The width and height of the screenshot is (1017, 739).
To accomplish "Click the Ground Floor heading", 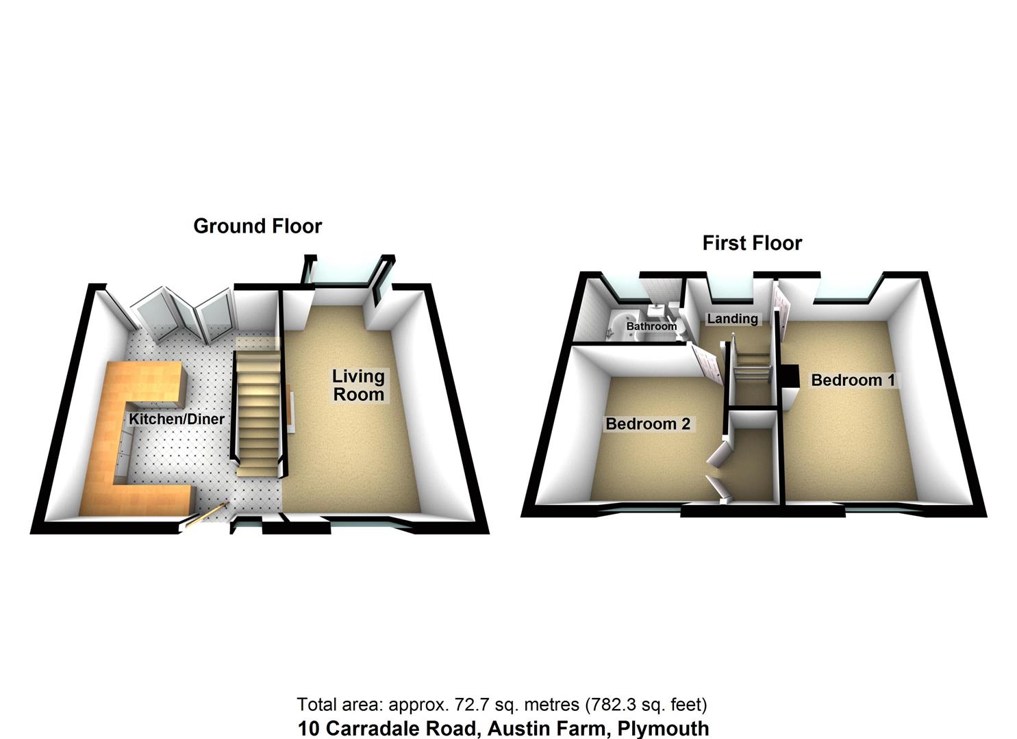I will coord(258,226).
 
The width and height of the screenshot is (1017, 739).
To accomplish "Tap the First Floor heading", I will coord(752,243).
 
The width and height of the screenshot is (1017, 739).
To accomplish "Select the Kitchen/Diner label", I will coord(177,419).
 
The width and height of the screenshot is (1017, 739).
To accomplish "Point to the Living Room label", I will coord(358,385).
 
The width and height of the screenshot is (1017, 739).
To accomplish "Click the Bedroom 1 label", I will coord(853,380).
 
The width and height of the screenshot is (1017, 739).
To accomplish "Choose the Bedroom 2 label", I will coord(648,424).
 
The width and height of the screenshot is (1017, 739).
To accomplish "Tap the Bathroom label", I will coord(651,326).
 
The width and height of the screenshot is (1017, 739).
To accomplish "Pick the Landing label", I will coord(732,318).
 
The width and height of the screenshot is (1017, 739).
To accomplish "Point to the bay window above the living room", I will coord(344,274).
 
